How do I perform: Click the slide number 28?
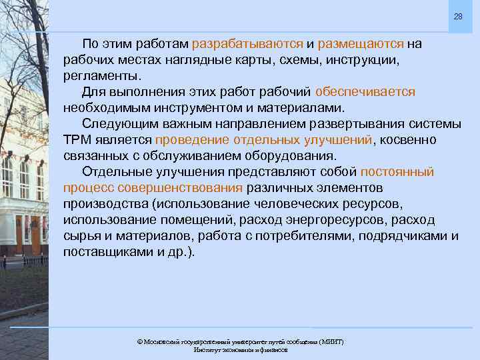458,16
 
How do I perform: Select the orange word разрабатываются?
247,44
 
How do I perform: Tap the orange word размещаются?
360,44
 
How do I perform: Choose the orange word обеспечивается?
365,91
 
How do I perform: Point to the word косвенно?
408,139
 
